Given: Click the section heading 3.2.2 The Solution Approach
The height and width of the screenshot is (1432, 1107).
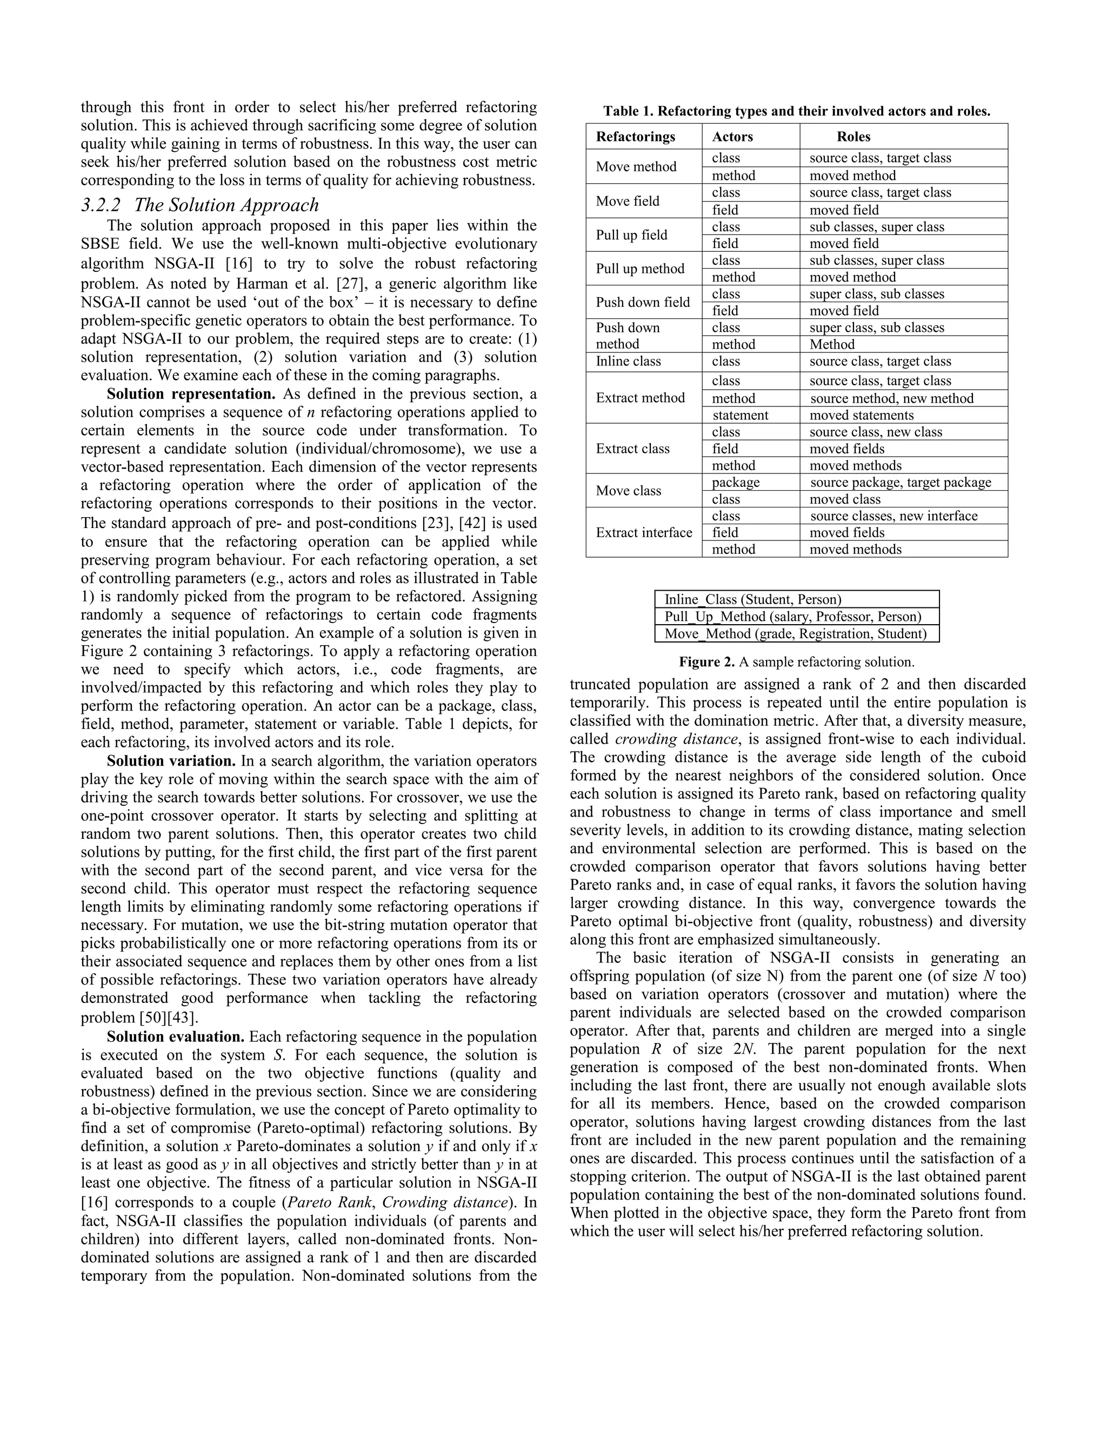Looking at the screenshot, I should [200, 205].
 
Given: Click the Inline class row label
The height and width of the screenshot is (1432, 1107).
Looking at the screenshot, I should [628, 362].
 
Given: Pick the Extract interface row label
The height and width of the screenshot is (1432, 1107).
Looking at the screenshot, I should [643, 532].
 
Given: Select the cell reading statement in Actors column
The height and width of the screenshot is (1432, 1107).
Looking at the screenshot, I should [740, 415].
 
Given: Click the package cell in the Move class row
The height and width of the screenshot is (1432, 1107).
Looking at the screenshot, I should [735, 482].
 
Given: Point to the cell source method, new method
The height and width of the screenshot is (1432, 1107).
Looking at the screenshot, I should [891, 398].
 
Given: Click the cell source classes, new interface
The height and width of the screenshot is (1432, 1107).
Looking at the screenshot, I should [892, 516].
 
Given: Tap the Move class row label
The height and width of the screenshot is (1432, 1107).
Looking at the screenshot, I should [628, 491].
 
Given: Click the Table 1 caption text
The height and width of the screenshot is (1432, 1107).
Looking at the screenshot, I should [796, 111].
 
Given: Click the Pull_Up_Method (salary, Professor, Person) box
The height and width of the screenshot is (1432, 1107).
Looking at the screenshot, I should [796, 617].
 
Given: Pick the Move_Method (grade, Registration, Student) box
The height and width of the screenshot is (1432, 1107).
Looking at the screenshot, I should [796, 633].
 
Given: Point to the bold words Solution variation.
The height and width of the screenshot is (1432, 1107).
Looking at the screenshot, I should [171, 761].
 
